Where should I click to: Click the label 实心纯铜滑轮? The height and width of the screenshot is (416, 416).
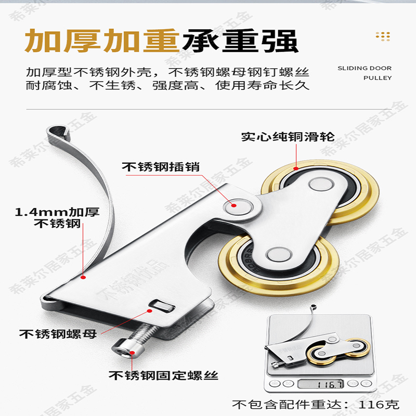point(288,137)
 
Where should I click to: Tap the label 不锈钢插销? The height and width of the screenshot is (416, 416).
point(161,167)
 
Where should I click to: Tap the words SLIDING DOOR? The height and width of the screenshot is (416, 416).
point(365,68)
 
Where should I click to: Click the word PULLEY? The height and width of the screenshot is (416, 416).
point(378,78)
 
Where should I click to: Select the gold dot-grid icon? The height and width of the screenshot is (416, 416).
point(383,36)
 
